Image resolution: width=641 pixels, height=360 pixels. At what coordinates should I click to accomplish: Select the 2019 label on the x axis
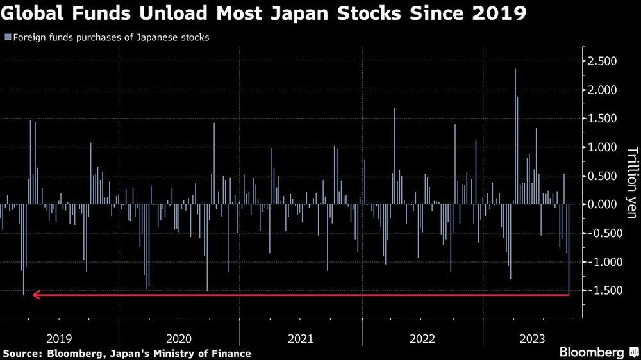[59, 338]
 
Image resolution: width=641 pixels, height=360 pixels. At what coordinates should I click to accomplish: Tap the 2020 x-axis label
[179, 338]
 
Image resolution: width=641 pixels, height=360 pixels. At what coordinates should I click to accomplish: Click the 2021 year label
[301, 338]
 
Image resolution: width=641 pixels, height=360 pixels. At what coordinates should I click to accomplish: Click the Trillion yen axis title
[632, 183]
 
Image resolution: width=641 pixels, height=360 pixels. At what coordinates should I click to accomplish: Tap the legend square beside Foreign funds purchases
[7, 37]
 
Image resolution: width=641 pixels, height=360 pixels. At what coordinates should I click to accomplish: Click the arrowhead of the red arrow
[36, 295]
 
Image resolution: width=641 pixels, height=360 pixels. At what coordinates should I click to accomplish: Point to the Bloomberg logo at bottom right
[592, 352]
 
